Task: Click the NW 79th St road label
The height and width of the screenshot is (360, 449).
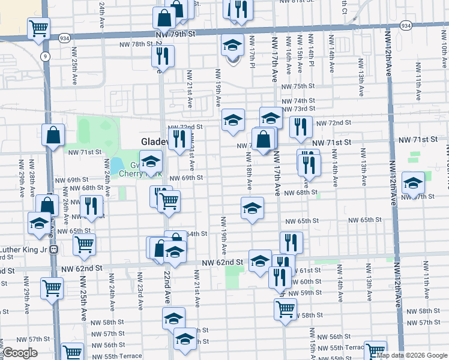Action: tap(175, 35)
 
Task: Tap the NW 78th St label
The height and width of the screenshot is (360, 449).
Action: tap(131, 44)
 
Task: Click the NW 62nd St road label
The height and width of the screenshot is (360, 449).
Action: tap(221, 263)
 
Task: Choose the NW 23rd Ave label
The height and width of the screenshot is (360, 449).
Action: tap(139, 296)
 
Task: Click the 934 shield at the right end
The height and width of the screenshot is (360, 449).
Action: tap(406, 26)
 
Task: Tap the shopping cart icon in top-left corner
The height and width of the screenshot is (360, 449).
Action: tap(38, 27)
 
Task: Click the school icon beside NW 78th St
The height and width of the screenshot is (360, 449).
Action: tap(232, 45)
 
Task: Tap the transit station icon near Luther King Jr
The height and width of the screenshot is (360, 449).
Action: tap(53, 249)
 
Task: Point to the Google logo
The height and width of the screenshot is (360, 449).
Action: tap(20, 353)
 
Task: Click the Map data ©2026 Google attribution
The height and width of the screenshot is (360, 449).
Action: tap(411, 355)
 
